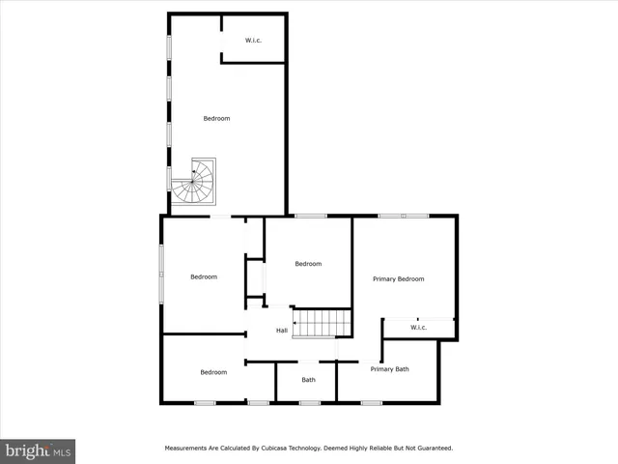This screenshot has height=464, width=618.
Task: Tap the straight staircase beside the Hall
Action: (321, 323)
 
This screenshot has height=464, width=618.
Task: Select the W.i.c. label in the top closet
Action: (253, 41)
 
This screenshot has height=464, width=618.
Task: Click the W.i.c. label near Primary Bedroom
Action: (418, 328)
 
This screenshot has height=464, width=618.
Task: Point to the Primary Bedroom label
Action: (399, 278)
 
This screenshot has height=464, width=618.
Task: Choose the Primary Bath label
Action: (390, 369)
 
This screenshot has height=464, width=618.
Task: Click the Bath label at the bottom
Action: (308, 379)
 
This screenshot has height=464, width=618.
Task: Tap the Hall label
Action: (282, 331)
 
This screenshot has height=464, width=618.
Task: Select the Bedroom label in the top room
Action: (216, 119)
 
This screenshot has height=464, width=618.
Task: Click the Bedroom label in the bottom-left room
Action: (213, 372)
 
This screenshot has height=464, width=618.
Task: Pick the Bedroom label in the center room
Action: (308, 264)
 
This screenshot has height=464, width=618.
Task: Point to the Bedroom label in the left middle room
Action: (204, 277)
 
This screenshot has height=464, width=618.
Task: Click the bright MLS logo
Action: (38, 450)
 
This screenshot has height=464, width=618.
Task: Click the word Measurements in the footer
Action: (185, 449)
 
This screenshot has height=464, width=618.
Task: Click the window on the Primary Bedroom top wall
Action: (404, 216)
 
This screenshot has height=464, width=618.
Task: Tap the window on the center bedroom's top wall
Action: (309, 216)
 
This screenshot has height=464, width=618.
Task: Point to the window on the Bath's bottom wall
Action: (309, 402)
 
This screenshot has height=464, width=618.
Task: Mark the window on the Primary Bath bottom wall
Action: (372, 402)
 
